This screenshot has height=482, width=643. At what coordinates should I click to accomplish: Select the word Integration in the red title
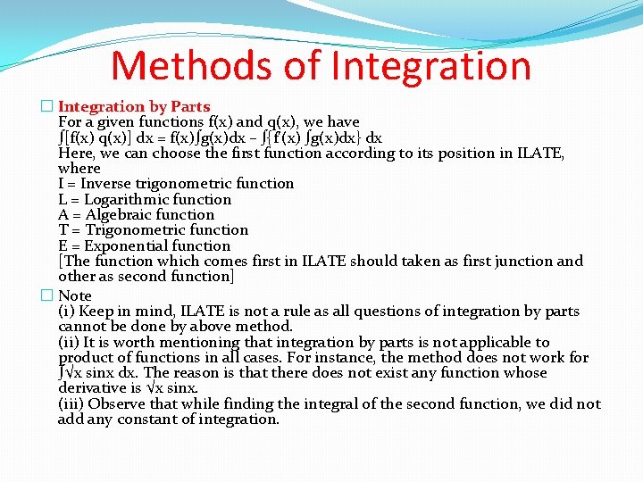(x=431, y=66)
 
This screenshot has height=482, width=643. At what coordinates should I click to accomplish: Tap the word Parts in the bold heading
(x=188, y=107)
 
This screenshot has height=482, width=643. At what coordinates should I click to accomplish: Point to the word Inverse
(x=105, y=184)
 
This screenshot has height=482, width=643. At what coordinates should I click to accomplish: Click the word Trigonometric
(x=132, y=230)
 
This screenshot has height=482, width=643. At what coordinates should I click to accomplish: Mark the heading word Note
(x=75, y=295)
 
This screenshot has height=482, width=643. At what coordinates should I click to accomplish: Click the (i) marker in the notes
(x=66, y=312)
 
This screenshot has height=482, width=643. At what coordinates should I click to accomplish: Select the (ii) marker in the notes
(x=68, y=343)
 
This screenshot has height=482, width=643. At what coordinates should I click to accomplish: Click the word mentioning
(x=195, y=343)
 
